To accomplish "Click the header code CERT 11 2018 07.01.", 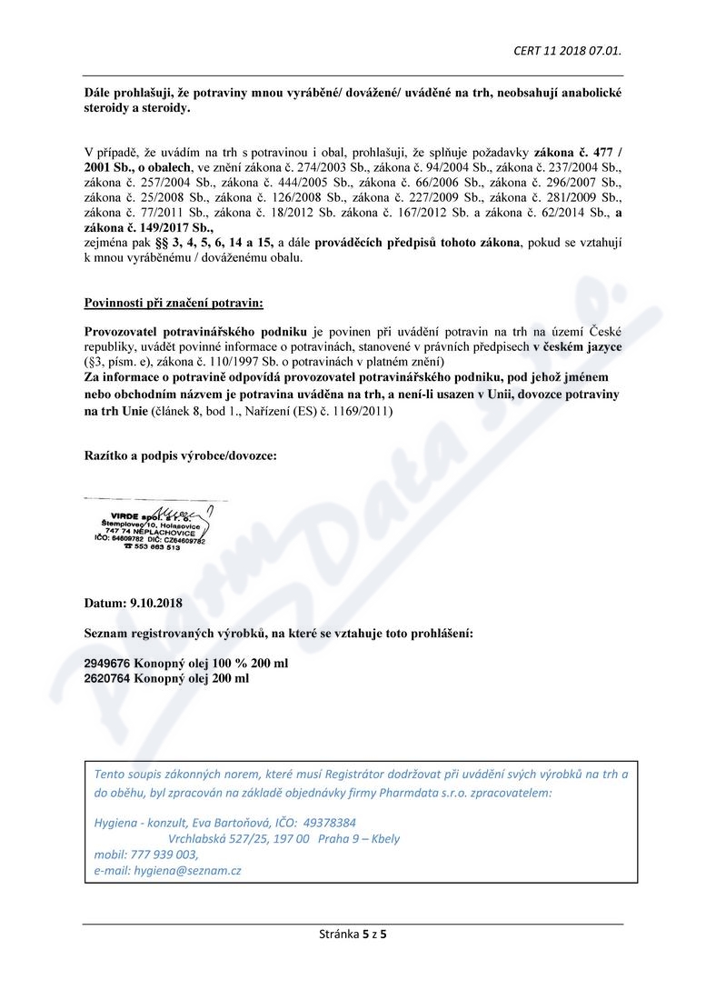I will (567, 50).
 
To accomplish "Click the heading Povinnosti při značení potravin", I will (174, 302).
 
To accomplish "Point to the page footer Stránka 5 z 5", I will (353, 934).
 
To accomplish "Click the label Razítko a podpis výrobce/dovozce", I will (181, 454).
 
